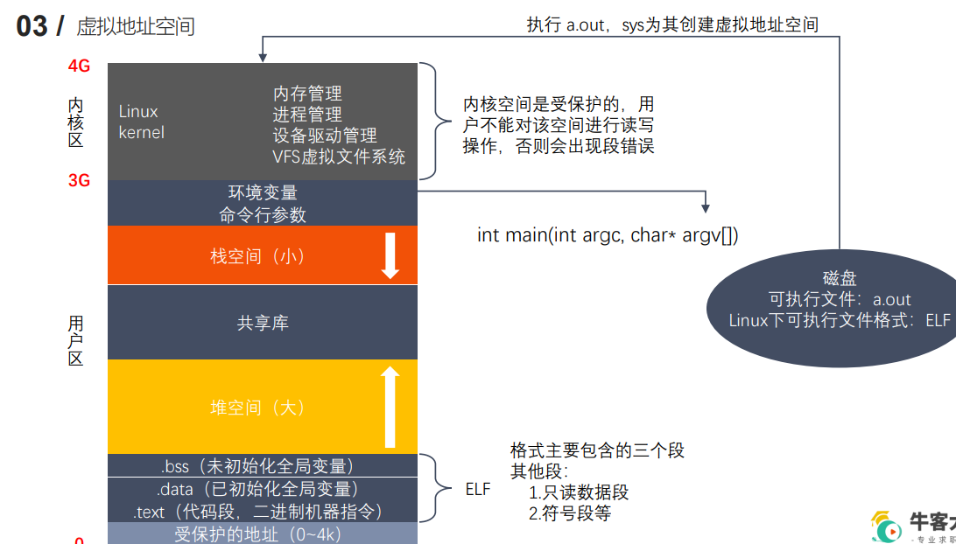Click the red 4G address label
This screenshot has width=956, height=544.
(x=79, y=66)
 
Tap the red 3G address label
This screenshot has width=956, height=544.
(x=79, y=181)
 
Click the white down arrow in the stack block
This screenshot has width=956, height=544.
(x=390, y=255)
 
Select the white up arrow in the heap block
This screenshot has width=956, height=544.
(x=390, y=407)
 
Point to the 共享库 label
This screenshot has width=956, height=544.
(x=263, y=323)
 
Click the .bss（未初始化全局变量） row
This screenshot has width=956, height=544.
(x=262, y=466)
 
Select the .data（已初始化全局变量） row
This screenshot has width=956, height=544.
(x=262, y=489)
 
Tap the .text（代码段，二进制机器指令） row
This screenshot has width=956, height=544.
(x=262, y=512)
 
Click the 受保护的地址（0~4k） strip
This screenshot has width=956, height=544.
(x=262, y=534)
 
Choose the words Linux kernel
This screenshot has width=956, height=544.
(x=141, y=122)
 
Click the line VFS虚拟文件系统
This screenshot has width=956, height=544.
(x=339, y=157)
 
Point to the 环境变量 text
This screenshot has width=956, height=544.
(x=263, y=192)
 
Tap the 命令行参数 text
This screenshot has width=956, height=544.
(x=263, y=214)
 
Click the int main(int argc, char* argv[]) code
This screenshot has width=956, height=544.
(x=608, y=235)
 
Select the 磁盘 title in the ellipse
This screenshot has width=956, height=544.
(x=840, y=279)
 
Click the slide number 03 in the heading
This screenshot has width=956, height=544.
(x=32, y=26)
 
